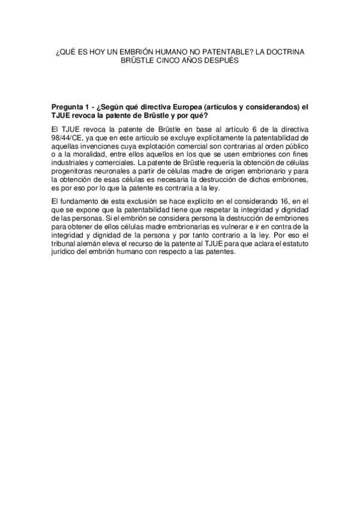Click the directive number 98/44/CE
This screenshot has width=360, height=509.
tap(67, 137)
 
